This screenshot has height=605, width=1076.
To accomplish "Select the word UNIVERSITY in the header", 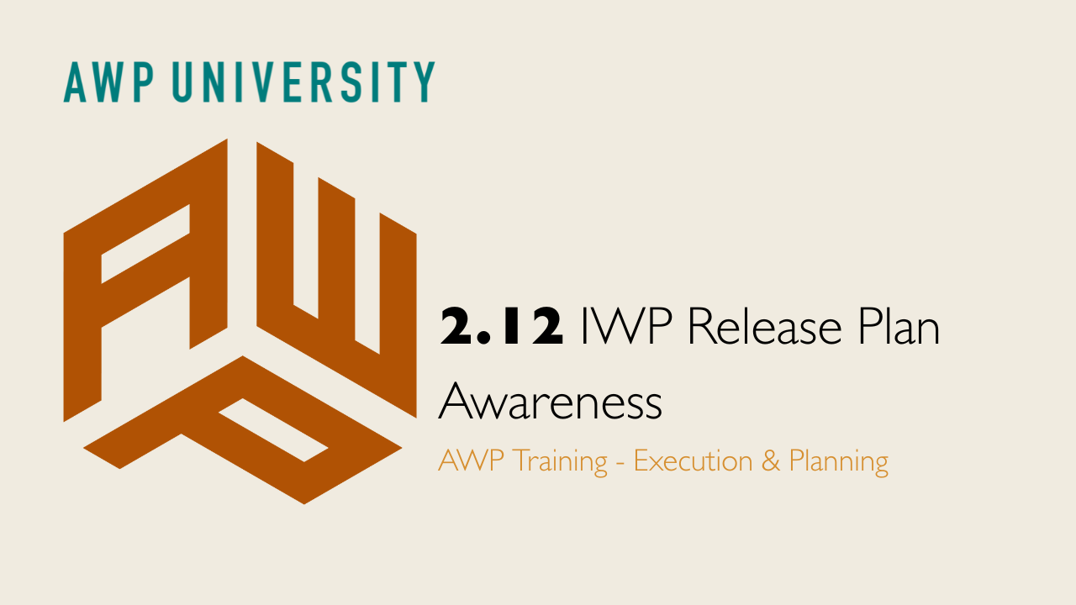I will pos(304,82).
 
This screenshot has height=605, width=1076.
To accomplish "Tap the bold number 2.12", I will pos(502,328).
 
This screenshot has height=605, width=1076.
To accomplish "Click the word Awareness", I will pos(551,403).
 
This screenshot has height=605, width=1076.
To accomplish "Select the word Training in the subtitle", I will pos(560,462).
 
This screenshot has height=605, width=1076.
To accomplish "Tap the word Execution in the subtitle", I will pos(693,461).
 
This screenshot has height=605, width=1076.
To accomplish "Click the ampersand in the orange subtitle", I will pos(770,461).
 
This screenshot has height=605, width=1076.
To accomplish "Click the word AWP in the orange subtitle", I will pos(471,461).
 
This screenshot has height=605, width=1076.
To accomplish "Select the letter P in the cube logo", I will pos(244,429).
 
